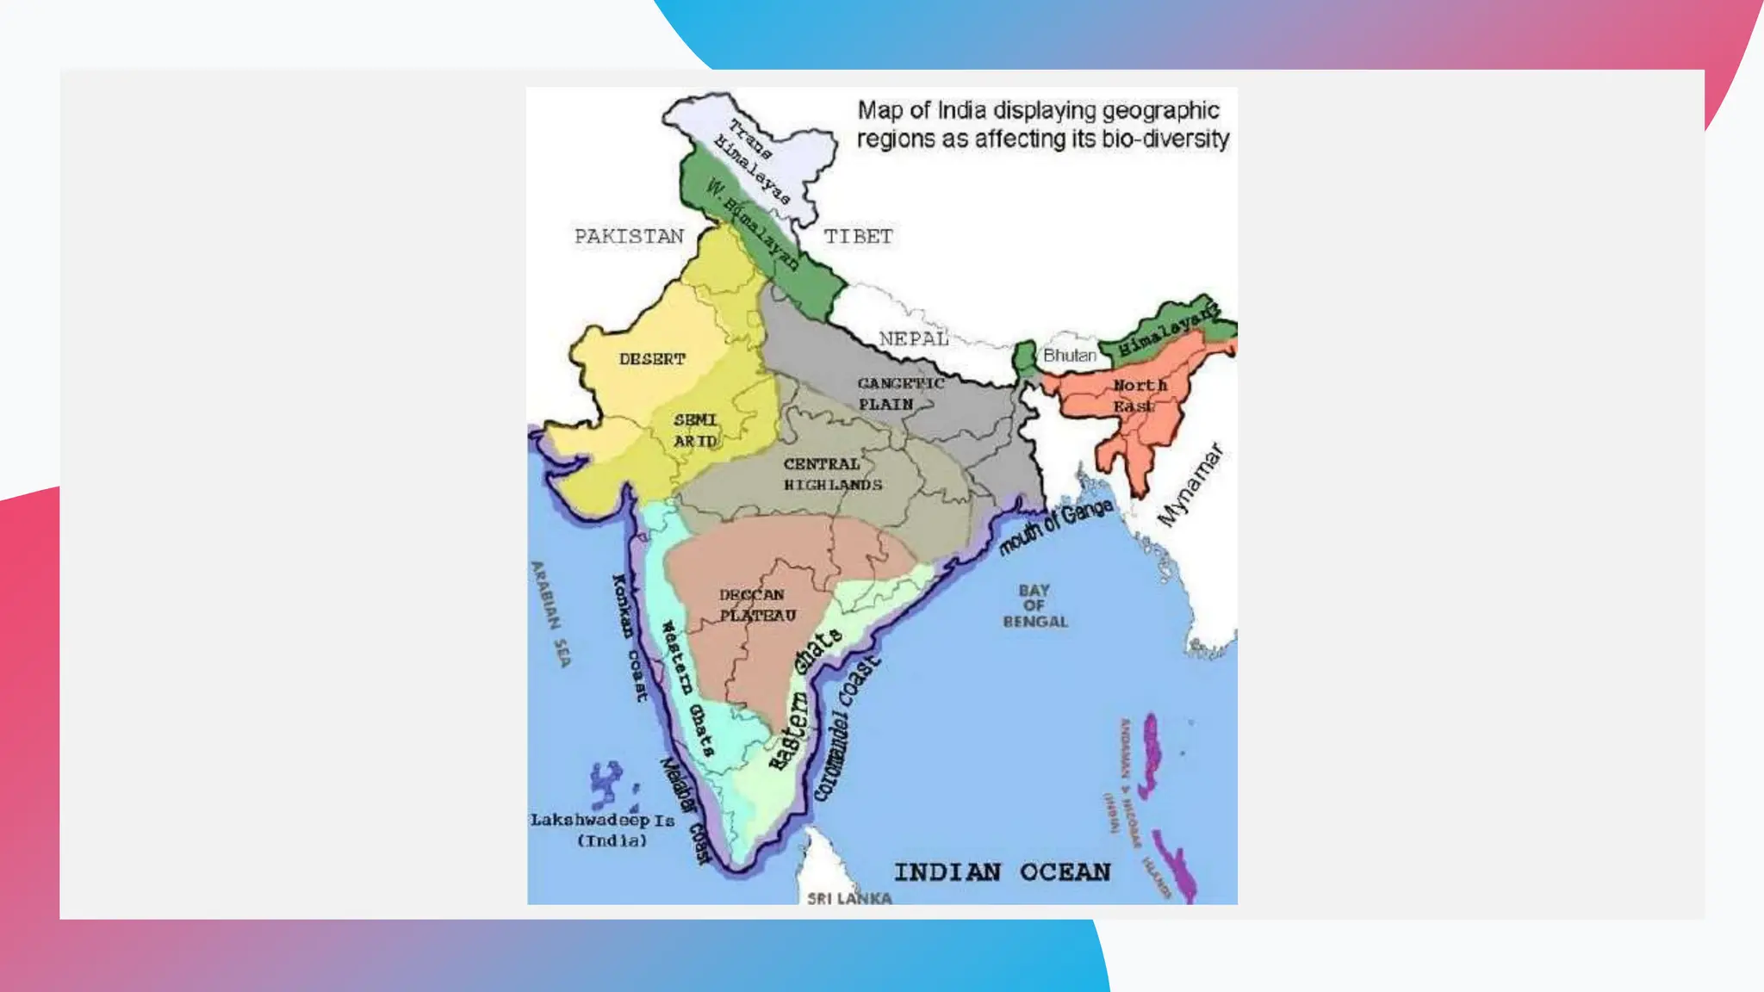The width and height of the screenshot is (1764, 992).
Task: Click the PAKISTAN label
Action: [629, 236]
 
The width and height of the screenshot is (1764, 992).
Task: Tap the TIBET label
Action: [858, 236]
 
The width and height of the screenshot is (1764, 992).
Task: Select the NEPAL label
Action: [914, 338]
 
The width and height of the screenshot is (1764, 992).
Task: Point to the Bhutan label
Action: [1070, 355]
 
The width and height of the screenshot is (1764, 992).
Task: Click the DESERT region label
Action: [652, 359]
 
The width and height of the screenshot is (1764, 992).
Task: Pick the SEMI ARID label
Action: [695, 430]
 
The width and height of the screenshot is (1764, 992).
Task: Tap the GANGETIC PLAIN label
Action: [900, 394]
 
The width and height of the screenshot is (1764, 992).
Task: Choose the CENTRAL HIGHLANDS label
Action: [832, 474]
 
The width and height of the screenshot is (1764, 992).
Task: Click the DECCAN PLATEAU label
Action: [756, 604]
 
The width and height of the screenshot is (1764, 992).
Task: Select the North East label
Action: [1138, 395]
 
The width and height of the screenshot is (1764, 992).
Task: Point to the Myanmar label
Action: [1190, 484]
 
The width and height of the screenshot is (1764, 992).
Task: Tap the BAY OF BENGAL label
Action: [1034, 606]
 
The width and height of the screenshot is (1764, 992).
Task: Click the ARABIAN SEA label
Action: [551, 613]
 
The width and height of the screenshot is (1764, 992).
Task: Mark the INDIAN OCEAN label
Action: [1002, 872]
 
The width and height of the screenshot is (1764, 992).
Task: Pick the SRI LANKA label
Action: [848, 898]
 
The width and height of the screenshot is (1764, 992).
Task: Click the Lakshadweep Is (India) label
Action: [603, 830]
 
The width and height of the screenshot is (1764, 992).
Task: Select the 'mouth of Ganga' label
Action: [1055, 526]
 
